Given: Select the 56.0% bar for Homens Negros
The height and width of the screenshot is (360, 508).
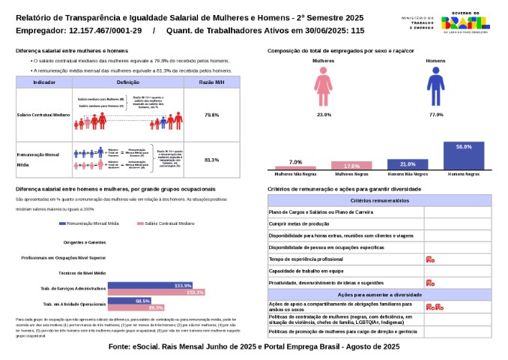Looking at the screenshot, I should pyautogui.click(x=463, y=156).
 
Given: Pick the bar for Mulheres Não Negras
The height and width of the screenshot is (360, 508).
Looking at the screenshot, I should pyautogui.click(x=295, y=167).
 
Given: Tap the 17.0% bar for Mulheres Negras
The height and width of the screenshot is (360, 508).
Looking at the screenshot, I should pyautogui.click(x=351, y=166).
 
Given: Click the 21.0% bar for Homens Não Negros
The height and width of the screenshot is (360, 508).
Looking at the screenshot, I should pyautogui.click(x=407, y=164).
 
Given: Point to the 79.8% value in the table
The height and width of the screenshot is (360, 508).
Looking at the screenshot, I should pyautogui.click(x=211, y=115).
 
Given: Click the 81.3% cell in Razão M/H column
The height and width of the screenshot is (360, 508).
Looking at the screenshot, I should pyautogui.click(x=211, y=160).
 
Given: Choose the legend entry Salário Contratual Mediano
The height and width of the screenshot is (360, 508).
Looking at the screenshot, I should pyautogui.click(x=166, y=223).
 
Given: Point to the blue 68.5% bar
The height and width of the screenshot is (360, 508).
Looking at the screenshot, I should pyautogui.click(x=130, y=301).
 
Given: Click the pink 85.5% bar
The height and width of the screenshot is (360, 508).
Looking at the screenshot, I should pyautogui.click(x=136, y=307).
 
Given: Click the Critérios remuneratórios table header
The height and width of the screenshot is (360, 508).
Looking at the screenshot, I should pyautogui.click(x=380, y=201).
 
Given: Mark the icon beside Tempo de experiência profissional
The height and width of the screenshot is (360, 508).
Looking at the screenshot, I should pyautogui.click(x=430, y=259).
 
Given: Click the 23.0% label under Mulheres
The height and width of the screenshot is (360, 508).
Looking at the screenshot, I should pyautogui.click(x=324, y=115).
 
